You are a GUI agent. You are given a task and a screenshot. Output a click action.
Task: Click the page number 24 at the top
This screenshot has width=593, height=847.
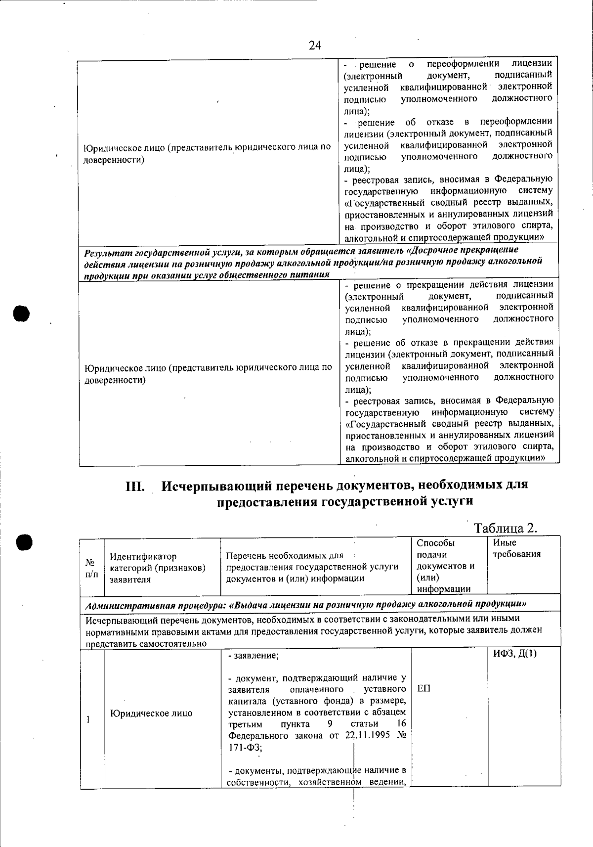315,45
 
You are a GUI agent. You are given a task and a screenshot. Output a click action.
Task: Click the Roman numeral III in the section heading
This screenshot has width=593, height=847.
135,486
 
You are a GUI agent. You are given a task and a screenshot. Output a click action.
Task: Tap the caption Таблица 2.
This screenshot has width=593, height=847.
506,528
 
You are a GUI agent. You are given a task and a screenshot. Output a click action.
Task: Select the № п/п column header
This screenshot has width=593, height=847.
91,568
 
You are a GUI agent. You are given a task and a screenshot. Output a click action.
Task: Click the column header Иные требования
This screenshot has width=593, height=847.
516,548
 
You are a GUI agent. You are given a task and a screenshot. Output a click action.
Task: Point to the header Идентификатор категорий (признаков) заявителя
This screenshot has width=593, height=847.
157,568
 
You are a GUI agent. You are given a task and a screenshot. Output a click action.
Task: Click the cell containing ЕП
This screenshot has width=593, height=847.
424,688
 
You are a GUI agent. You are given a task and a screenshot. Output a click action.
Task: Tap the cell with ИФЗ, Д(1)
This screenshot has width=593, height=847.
515,654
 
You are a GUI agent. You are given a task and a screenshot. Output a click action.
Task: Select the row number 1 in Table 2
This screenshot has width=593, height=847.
88,719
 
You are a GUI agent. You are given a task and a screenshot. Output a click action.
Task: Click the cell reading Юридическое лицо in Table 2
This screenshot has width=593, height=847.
151,713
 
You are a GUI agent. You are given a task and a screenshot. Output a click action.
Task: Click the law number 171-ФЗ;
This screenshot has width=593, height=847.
245,748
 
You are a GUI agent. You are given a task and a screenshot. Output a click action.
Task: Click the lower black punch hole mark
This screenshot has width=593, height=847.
23,542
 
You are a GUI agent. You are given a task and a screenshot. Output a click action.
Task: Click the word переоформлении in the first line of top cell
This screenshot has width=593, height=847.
463,64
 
